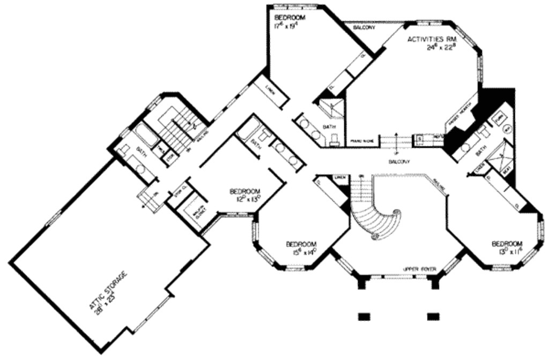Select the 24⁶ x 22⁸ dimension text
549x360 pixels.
tap(441, 48)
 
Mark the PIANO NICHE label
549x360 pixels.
tap(361, 141)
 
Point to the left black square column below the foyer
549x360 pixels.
tap(364, 316)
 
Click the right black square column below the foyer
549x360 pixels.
tap(433, 316)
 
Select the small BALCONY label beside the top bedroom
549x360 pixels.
tap(364, 27)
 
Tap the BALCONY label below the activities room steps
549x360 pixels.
tap(399, 161)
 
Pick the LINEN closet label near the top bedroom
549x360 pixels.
tap(271, 92)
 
